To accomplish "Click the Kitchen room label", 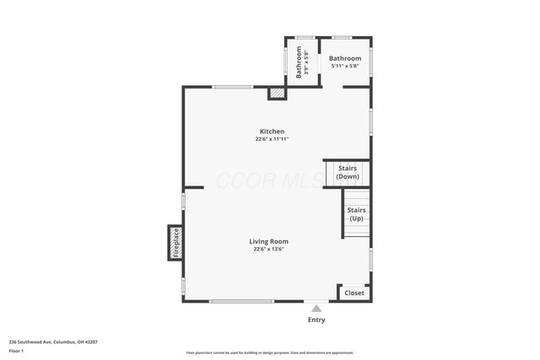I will pos(272,132).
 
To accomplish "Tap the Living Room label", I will pos(268,242).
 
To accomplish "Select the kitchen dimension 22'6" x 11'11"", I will pos(272,139).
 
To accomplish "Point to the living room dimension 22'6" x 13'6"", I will pos(268,250).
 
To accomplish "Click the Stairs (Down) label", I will pos(347,173).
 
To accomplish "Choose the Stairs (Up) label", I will pos(356,213).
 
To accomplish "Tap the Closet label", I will pos(354,293).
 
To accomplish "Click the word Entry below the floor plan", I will pos(316,320).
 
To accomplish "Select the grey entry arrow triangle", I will pos(316,309).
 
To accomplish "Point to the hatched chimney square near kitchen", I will pos(277,94).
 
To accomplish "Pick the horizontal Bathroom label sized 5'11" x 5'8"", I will pos(345,58).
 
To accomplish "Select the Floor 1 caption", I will pos(16,350).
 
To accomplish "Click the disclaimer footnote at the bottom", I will pos(269,352).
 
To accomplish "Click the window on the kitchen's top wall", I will pos(232,87).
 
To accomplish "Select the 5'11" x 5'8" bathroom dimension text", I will pos(345,66).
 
